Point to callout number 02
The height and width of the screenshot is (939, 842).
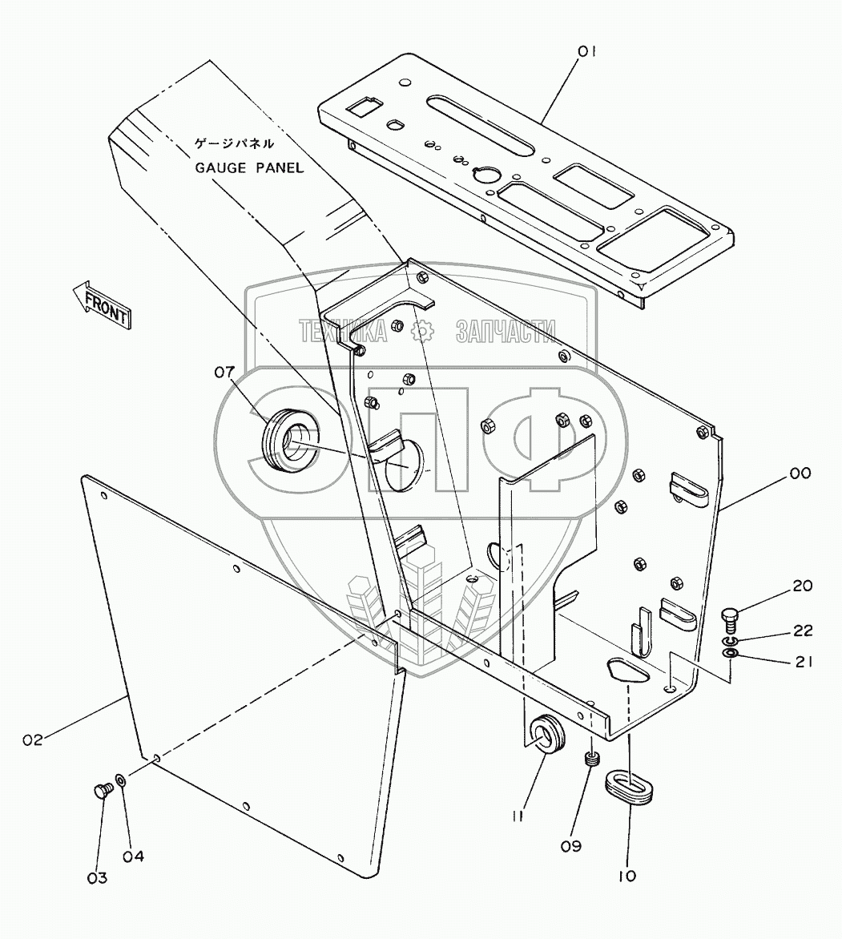tap(33, 740)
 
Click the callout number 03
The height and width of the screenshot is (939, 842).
tap(98, 878)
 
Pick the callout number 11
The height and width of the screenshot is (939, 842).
tap(518, 816)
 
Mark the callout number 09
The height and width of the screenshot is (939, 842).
tap(594, 845)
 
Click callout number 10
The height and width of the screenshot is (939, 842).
tap(627, 876)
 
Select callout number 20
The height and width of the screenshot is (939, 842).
tap(802, 586)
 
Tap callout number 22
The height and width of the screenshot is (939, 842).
tap(802, 631)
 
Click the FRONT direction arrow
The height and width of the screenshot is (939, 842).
tap(101, 304)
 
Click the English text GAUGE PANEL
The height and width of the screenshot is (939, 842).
tap(249, 167)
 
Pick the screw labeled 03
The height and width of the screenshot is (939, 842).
tap(100, 791)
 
